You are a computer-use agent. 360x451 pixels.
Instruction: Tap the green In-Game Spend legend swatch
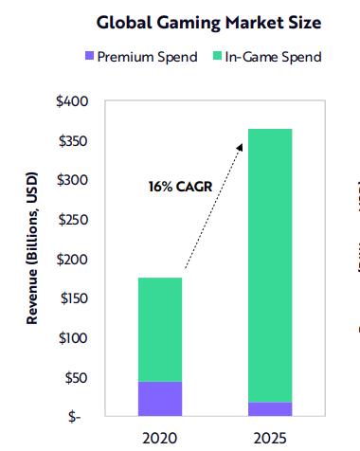(217, 57)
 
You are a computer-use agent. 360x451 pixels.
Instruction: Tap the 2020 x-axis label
(159, 437)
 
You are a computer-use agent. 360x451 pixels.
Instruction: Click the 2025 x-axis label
(270, 437)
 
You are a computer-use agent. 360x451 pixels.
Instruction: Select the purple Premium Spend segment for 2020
(159, 398)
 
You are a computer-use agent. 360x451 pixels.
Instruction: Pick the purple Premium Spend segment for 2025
(270, 408)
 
